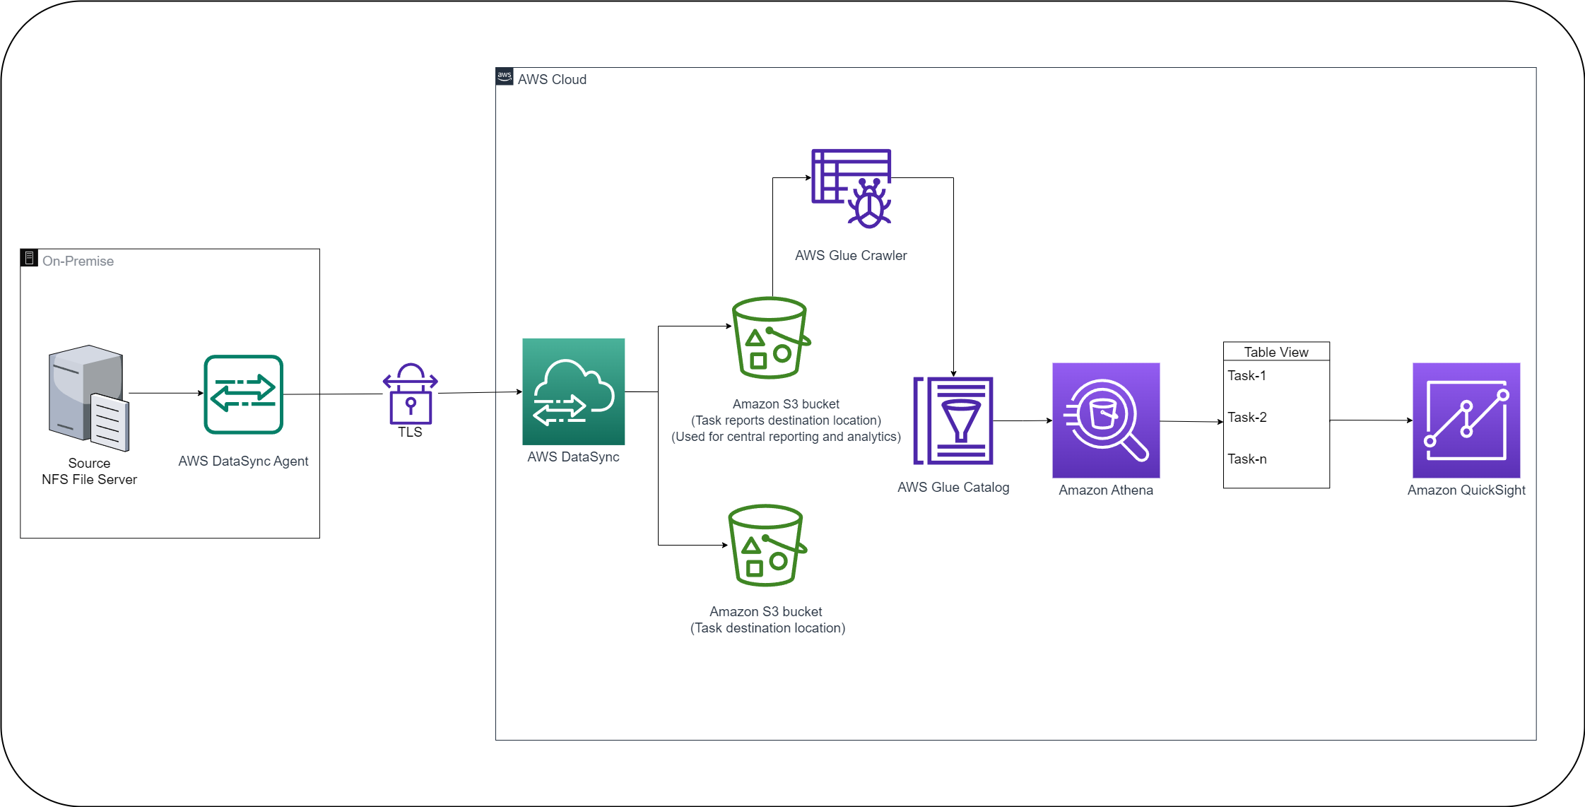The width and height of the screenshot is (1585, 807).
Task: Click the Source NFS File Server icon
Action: (88, 397)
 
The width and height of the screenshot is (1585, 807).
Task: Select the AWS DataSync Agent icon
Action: (244, 394)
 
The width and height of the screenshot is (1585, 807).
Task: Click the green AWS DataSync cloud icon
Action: (573, 391)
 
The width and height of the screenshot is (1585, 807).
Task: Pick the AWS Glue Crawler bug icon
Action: (852, 188)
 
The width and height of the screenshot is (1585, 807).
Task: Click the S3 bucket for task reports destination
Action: (770, 338)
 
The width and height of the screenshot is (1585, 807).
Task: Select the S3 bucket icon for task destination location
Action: (767, 545)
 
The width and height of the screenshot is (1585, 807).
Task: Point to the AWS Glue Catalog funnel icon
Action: (954, 420)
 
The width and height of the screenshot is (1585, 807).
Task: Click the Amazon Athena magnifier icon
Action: (1106, 420)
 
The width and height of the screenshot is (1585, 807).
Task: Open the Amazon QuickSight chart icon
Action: (1466, 420)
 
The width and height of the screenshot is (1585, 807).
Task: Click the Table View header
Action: (1276, 352)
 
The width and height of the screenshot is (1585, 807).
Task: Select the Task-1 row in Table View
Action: (1247, 376)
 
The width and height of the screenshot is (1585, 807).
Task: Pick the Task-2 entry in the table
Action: (1247, 418)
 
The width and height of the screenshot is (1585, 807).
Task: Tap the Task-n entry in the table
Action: (1247, 459)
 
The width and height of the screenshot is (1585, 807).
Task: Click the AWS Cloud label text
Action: (552, 80)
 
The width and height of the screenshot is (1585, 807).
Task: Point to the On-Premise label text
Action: (78, 261)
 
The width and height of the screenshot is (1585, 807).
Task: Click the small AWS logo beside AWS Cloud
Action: (505, 77)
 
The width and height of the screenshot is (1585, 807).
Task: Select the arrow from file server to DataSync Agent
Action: (166, 393)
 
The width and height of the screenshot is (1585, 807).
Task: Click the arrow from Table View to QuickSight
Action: (1371, 420)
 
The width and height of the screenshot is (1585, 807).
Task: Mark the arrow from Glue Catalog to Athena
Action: (1023, 420)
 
